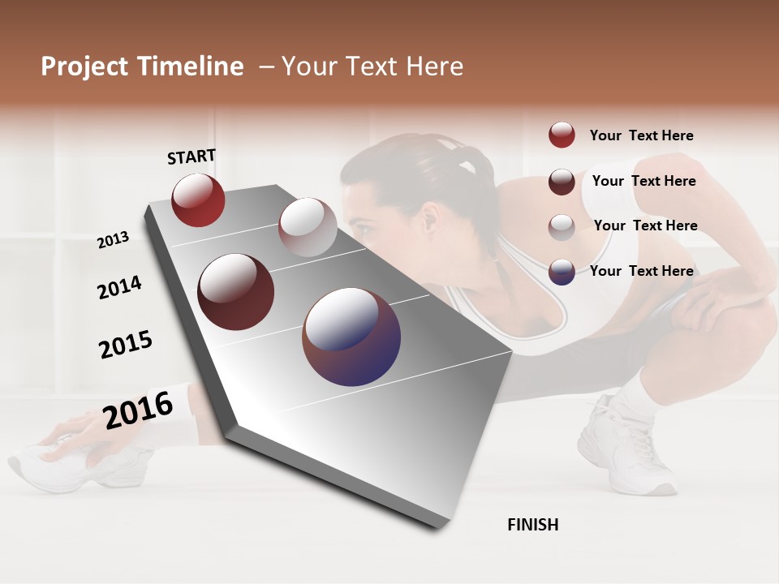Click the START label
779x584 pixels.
pos(192,157)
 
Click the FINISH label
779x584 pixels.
pos(533,525)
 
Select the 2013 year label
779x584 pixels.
pos(114,240)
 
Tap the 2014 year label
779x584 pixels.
pos(119,288)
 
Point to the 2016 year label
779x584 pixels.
pos(138,409)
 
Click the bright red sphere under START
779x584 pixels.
pos(198,200)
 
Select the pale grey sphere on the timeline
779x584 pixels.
pos(308,226)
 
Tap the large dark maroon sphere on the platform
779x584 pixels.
pos(236,292)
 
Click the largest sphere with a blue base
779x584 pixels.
pos(351,337)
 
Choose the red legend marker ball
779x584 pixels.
pos(562,135)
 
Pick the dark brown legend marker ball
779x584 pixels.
pos(562,182)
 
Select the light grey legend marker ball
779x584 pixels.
pos(562,227)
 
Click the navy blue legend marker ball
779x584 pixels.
pos(562,272)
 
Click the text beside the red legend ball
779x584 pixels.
pos(641,135)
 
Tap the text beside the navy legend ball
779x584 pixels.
pos(641,271)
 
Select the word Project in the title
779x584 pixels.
pos(84,67)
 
